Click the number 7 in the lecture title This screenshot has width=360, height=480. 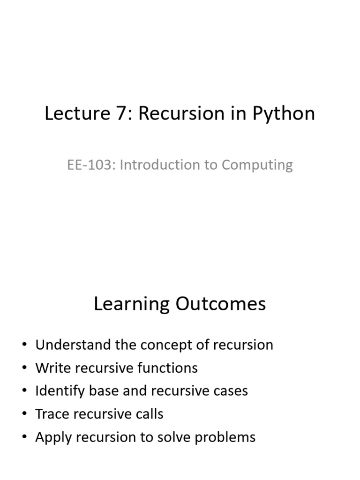click(x=122, y=113)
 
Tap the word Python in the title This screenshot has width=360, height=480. click(x=284, y=114)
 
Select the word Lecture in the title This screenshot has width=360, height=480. click(x=78, y=113)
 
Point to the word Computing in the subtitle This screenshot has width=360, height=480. click(x=257, y=165)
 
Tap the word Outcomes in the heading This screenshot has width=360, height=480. click(x=220, y=304)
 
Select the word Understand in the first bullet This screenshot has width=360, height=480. click(x=73, y=345)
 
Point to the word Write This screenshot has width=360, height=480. click(x=53, y=367)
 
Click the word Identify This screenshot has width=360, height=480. click(x=60, y=391)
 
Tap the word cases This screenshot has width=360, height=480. click(x=231, y=391)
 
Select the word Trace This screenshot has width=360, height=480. click(x=52, y=414)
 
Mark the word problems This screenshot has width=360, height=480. click(x=225, y=438)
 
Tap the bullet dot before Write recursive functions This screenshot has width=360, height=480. click(x=24, y=368)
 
